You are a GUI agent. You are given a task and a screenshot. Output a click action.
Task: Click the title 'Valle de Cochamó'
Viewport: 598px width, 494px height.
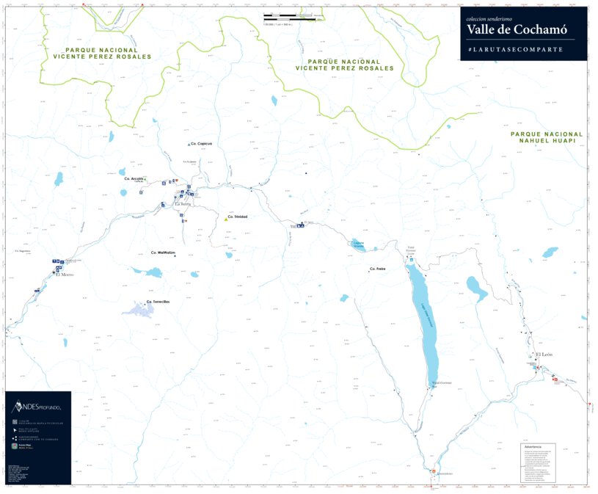516,29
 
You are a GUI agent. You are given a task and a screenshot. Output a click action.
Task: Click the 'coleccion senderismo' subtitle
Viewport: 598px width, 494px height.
489,18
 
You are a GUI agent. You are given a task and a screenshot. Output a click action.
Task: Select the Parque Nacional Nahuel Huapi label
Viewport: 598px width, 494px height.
547,137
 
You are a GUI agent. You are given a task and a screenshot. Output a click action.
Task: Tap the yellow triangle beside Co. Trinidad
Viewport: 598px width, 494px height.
225,218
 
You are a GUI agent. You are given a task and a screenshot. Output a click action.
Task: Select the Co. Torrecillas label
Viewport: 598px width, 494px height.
158,302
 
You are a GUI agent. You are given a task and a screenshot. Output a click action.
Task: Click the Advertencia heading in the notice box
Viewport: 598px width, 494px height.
533,446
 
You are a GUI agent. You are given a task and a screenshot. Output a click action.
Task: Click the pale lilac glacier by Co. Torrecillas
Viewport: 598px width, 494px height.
144,310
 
